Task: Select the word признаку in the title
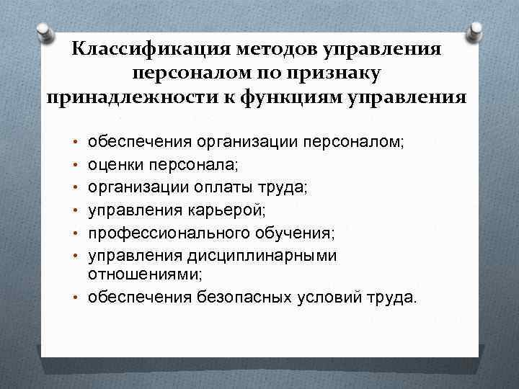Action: [x=331, y=72]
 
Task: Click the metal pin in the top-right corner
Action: [x=476, y=32]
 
